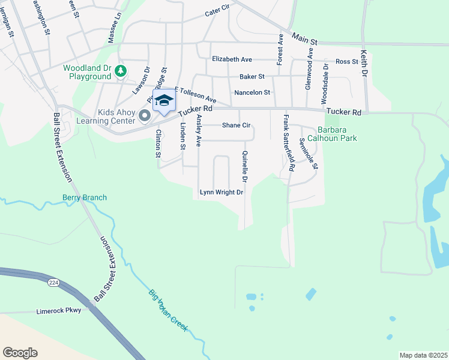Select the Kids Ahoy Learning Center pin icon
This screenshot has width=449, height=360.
144,115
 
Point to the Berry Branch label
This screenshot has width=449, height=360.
85,197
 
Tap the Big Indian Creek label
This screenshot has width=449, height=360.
168,311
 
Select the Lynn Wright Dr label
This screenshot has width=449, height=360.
221,193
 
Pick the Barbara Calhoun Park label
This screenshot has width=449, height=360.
337,134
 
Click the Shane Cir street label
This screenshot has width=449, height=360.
236,125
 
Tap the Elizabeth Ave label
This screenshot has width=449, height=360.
232,59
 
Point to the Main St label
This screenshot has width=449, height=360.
304,39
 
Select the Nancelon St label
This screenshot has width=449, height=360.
253,92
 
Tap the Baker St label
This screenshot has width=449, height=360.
252,77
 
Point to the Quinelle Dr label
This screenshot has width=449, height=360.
245,167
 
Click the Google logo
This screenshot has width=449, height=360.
20,353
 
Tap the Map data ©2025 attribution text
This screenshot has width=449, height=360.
423,355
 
